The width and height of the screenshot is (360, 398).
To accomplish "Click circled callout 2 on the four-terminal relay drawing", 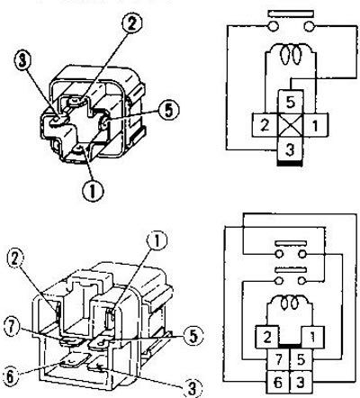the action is [131, 23].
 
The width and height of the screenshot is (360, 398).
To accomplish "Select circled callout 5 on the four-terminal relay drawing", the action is [168, 111].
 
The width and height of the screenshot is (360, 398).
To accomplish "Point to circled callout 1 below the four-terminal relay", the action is [92, 192].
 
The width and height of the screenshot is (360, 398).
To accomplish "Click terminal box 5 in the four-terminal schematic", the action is [290, 102].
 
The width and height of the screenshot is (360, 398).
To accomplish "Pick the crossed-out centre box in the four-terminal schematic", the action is [290, 125].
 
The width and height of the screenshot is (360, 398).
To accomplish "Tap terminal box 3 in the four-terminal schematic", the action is [290, 149].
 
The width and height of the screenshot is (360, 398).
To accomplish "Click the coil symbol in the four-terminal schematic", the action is [290, 55].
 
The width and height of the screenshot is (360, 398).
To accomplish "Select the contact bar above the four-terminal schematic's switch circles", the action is [291, 14].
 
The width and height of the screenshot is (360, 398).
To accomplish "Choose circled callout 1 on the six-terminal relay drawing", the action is [157, 240].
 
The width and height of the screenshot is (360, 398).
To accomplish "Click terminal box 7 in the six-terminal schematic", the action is [278, 360].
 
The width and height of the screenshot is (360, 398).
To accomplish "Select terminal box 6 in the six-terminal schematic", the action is [278, 382].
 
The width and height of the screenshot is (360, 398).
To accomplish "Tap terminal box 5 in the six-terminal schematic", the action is [301, 360].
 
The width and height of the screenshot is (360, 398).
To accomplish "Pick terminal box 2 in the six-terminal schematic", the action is [267, 338].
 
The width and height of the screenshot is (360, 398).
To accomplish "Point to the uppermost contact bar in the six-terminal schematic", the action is [291, 242].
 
